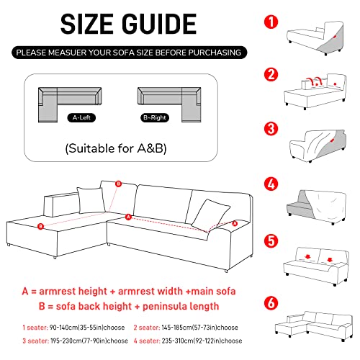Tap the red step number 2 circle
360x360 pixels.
point(271,74)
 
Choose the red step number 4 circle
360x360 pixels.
point(271,183)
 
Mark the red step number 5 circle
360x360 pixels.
point(271,239)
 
